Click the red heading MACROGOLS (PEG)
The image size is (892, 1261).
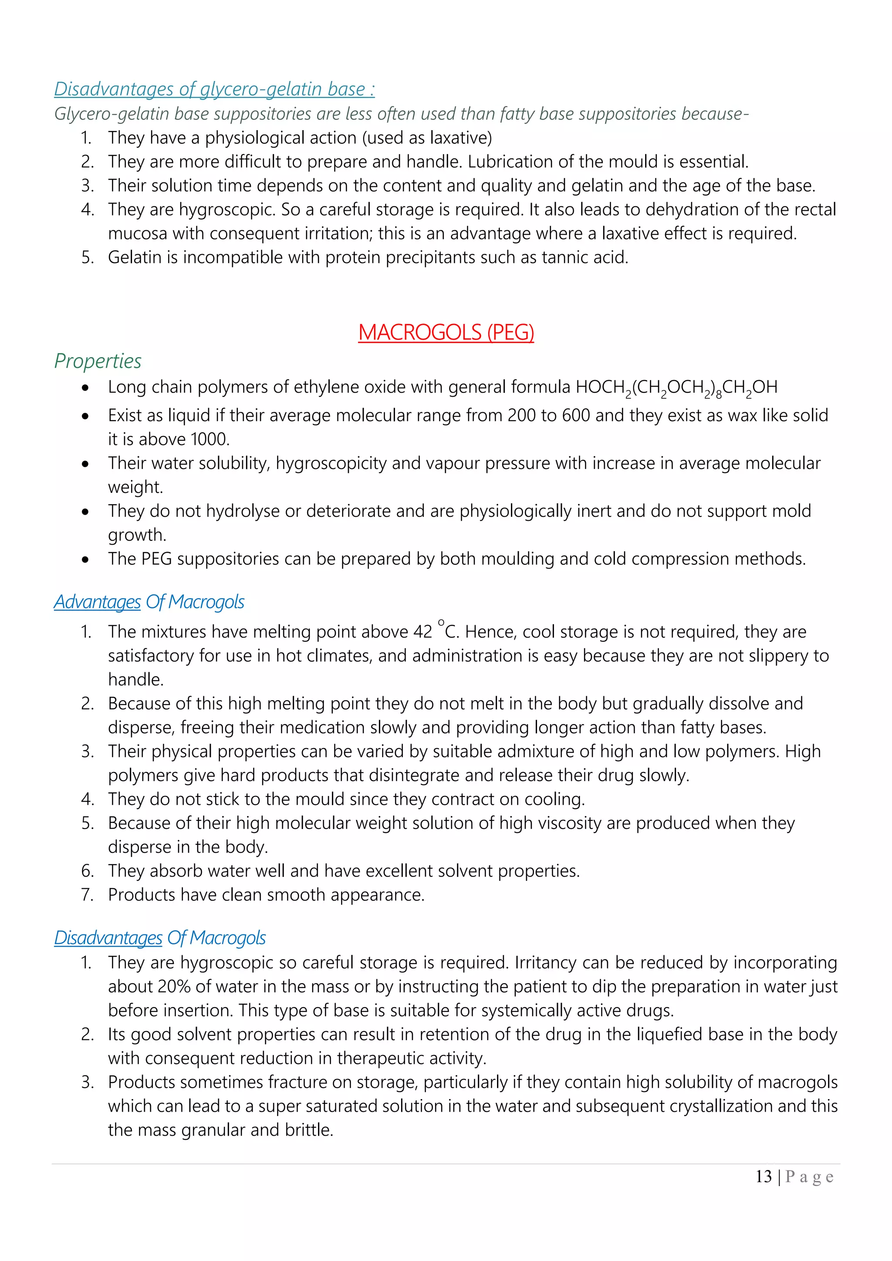click(x=446, y=332)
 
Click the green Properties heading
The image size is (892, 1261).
click(x=98, y=361)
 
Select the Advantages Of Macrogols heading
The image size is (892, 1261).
click(x=149, y=601)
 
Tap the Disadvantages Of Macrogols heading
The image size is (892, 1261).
click(x=160, y=937)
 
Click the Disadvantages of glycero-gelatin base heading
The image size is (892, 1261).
click(x=214, y=89)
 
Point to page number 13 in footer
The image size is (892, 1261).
click(x=764, y=1177)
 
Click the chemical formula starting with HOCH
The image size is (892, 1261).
click(x=676, y=388)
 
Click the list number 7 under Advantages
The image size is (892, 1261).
click(x=87, y=895)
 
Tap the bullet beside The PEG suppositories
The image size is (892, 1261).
click(x=85, y=560)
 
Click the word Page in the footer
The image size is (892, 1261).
click(x=810, y=1177)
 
